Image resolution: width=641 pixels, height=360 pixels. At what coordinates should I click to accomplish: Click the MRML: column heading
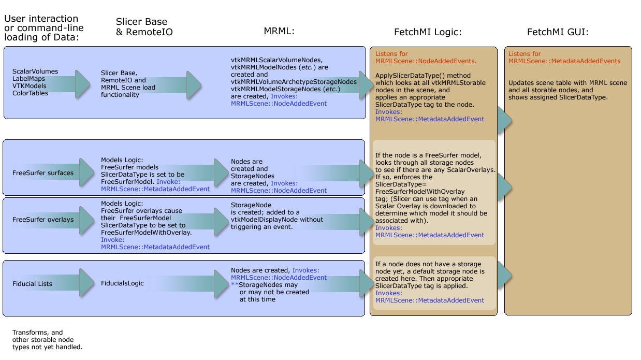(279, 32)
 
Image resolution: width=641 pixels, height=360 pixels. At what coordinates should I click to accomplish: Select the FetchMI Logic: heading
(428, 32)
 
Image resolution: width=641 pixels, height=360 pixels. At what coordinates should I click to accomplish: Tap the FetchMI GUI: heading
(558, 32)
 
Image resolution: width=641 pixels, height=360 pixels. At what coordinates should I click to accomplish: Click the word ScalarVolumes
(35, 71)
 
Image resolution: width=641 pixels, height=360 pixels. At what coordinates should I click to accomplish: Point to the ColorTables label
(30, 93)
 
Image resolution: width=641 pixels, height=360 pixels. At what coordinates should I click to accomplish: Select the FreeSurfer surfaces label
(43, 173)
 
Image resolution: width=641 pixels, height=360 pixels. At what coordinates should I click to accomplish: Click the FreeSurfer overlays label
(43, 220)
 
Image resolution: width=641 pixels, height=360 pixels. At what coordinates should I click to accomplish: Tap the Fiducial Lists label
(32, 284)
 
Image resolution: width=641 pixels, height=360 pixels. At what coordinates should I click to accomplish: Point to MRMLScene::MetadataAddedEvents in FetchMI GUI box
(564, 61)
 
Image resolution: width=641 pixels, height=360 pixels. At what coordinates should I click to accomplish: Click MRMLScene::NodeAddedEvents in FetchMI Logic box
(426, 61)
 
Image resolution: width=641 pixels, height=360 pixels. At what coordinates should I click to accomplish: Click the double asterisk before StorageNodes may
(234, 285)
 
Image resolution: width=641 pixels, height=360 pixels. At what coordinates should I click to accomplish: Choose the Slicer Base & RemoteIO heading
(144, 27)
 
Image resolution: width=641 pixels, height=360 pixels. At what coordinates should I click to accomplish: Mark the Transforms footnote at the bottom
(47, 340)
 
